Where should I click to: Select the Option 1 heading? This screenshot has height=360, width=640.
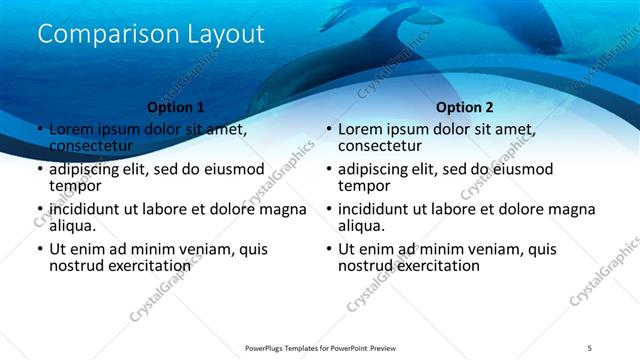[175, 107]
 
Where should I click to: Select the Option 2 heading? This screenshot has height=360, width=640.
[465, 107]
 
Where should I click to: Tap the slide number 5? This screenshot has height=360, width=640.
[590, 347]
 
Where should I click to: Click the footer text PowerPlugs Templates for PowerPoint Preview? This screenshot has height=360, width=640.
[320, 347]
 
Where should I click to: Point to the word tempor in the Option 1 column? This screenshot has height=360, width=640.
[74, 185]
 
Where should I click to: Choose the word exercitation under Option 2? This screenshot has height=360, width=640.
[436, 266]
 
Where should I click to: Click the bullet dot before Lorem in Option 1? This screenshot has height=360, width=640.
[39, 130]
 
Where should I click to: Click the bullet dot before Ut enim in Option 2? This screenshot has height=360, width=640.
[328, 250]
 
